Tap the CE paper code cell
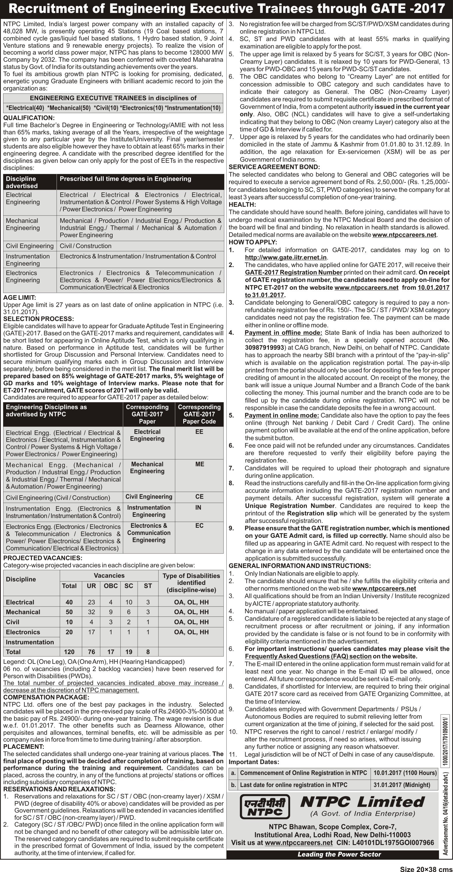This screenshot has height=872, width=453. point(199,497)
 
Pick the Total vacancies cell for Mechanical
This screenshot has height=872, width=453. point(69,612)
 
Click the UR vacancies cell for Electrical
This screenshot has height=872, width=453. point(91,602)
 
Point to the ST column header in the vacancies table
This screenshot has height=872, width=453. point(148,586)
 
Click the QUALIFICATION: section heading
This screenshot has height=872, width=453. point(29,118)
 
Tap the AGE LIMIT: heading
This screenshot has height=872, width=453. point(20,297)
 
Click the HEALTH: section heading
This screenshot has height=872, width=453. point(242,204)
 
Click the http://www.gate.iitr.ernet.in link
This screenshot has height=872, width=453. point(286,258)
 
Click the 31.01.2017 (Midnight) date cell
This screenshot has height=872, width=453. point(401,785)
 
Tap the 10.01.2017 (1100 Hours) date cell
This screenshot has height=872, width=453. point(405,773)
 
